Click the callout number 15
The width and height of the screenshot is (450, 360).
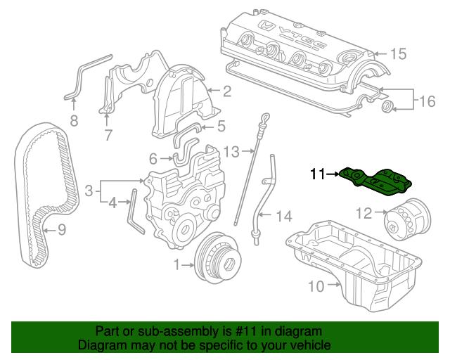click(398, 53)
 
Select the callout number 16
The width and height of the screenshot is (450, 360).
click(427, 102)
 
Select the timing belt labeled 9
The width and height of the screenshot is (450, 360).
click(44, 190)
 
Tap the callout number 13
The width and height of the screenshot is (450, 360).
click(232, 150)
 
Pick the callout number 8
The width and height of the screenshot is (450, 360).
click(74, 122)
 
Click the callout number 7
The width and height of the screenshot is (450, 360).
click(108, 136)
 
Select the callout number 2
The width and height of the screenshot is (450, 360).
click(227, 91)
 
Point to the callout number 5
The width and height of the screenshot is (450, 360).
click(221, 127)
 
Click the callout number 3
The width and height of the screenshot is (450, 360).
click(89, 190)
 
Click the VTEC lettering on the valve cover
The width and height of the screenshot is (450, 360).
click(303, 40)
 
